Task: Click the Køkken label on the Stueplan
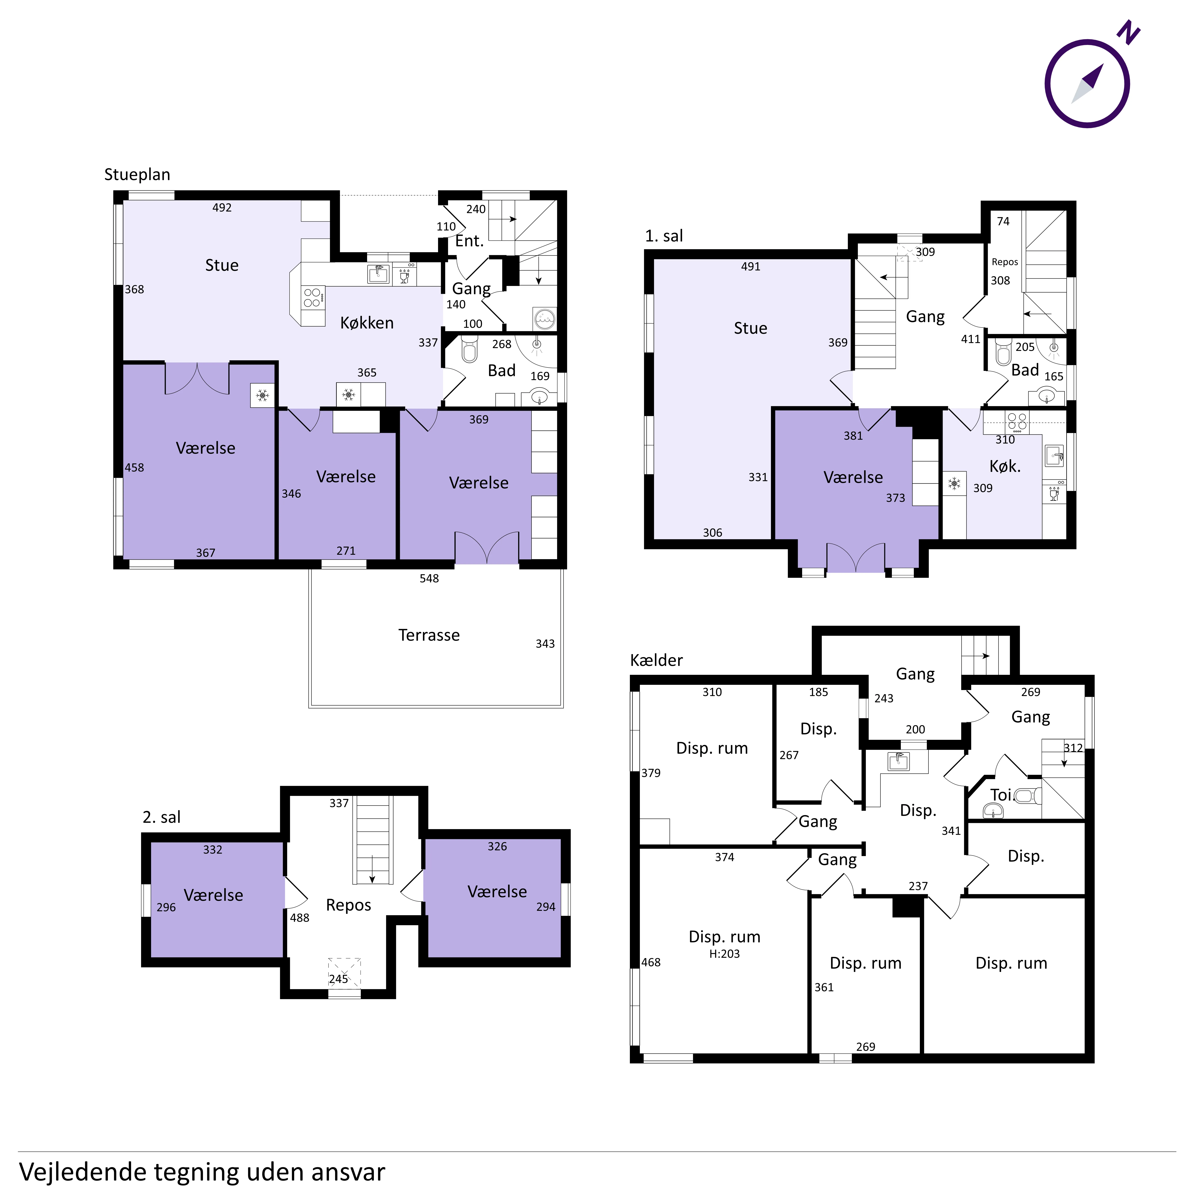tap(367, 323)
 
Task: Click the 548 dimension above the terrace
tap(429, 578)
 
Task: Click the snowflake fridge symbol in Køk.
tap(954, 483)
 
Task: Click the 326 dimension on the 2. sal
tap(497, 846)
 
